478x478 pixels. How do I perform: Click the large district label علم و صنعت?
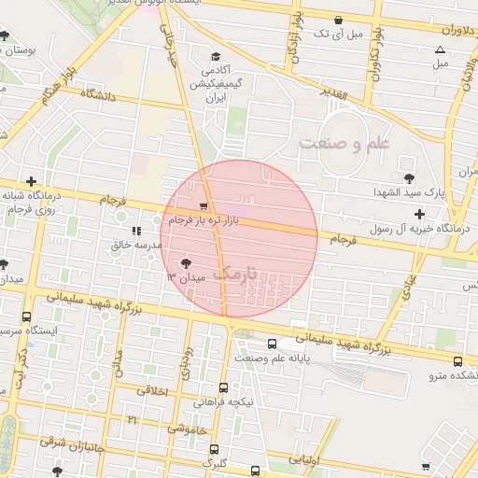coord(343,143)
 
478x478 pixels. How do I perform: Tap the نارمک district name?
coord(233,274)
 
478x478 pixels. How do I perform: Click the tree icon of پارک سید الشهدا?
coord(407,178)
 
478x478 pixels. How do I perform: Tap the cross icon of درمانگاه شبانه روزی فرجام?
coord(31,181)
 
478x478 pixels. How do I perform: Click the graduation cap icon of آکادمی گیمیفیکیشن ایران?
coord(216,57)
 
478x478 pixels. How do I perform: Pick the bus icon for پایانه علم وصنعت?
coord(272,343)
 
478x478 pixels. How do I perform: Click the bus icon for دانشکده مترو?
coord(457,361)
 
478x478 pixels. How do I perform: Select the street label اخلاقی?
coord(151,392)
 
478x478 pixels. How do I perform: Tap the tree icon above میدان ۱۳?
coord(184,263)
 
